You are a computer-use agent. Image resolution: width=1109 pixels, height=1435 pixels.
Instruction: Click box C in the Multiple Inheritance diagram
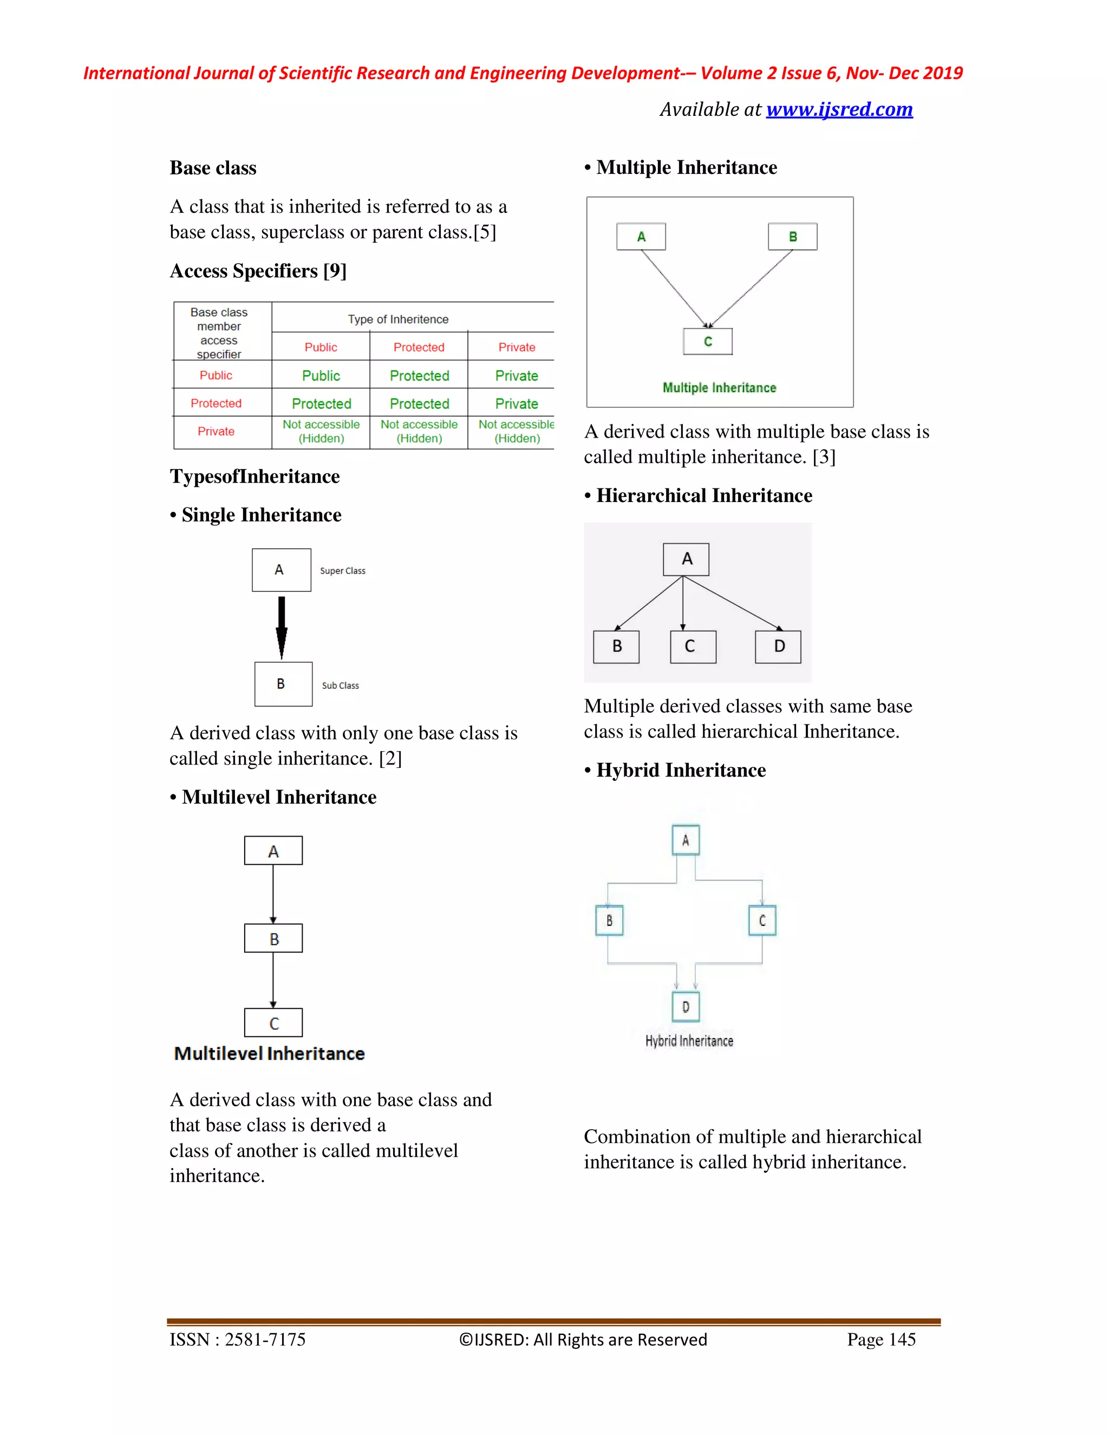pos(708,342)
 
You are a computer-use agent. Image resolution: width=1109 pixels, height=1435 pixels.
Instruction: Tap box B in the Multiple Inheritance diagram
pos(792,237)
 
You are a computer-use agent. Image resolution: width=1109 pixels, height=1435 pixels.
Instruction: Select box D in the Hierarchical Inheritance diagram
pos(778,647)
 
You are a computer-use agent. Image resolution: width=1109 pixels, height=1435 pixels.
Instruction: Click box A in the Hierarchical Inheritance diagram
pos(686,559)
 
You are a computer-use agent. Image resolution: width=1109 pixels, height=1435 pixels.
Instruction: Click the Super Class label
pos(342,571)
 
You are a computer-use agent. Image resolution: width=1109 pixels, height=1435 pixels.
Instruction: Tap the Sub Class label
pos(340,686)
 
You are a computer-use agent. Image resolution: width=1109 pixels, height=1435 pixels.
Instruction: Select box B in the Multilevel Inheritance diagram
pos(273,939)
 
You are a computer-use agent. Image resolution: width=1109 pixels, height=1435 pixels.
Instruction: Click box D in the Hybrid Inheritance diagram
pos(685,1007)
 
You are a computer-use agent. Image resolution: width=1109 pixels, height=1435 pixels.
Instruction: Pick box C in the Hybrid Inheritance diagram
pos(762,921)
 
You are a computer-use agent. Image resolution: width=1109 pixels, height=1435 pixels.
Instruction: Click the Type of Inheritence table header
pos(398,319)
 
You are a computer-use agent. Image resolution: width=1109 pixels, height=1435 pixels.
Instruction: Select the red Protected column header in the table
pos(419,347)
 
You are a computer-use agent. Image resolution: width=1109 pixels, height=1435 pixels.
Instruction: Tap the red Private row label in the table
pos(216,431)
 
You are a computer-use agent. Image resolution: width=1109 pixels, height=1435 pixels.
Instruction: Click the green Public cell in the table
pos(321,376)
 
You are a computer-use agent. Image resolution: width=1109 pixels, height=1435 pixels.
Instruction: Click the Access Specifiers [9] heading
pos(258,271)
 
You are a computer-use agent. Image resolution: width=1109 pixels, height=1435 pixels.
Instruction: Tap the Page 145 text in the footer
pos(880,1339)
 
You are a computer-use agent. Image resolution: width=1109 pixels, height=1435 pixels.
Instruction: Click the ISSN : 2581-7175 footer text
pos(237,1339)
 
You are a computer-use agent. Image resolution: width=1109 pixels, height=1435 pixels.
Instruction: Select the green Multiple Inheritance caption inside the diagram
pos(720,388)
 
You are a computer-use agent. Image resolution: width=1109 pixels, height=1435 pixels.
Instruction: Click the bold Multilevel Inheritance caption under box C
pos(269,1054)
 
